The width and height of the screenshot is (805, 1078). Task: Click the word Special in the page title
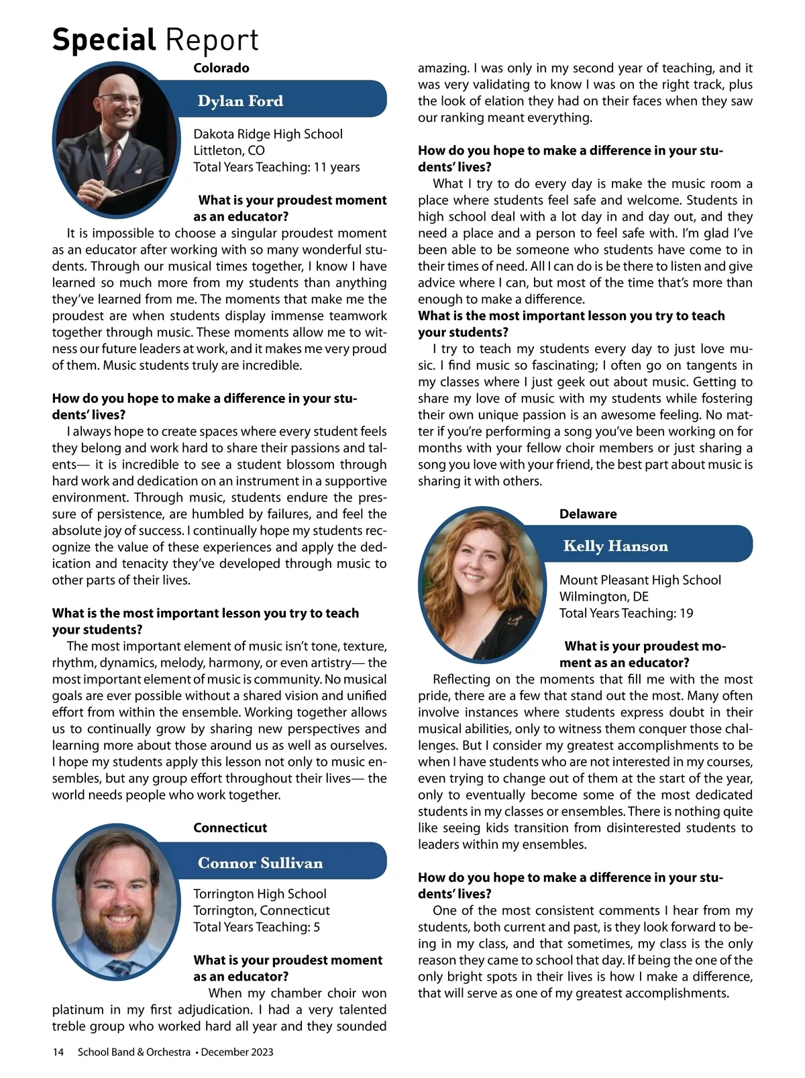(x=104, y=40)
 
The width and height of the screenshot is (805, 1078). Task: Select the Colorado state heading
(x=221, y=68)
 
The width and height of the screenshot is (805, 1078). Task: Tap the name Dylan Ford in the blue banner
(x=240, y=101)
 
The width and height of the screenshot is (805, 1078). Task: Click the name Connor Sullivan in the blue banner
(x=260, y=863)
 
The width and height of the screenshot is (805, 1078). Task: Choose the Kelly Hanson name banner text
(x=616, y=546)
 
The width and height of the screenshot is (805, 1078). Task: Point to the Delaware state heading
(x=588, y=514)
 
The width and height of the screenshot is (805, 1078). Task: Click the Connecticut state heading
(x=230, y=828)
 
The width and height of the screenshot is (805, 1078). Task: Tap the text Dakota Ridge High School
(x=268, y=134)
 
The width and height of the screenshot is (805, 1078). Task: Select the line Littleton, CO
(x=229, y=150)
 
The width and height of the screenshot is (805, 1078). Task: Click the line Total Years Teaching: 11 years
(x=276, y=167)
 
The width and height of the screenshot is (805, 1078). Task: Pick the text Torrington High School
(x=260, y=893)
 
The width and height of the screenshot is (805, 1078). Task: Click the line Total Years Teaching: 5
(x=256, y=927)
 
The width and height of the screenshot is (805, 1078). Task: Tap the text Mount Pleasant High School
(x=640, y=580)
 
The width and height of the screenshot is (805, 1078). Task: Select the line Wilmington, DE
(x=604, y=597)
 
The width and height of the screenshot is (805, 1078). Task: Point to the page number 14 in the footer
(x=58, y=1052)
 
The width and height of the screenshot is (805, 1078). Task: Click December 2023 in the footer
(x=237, y=1052)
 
